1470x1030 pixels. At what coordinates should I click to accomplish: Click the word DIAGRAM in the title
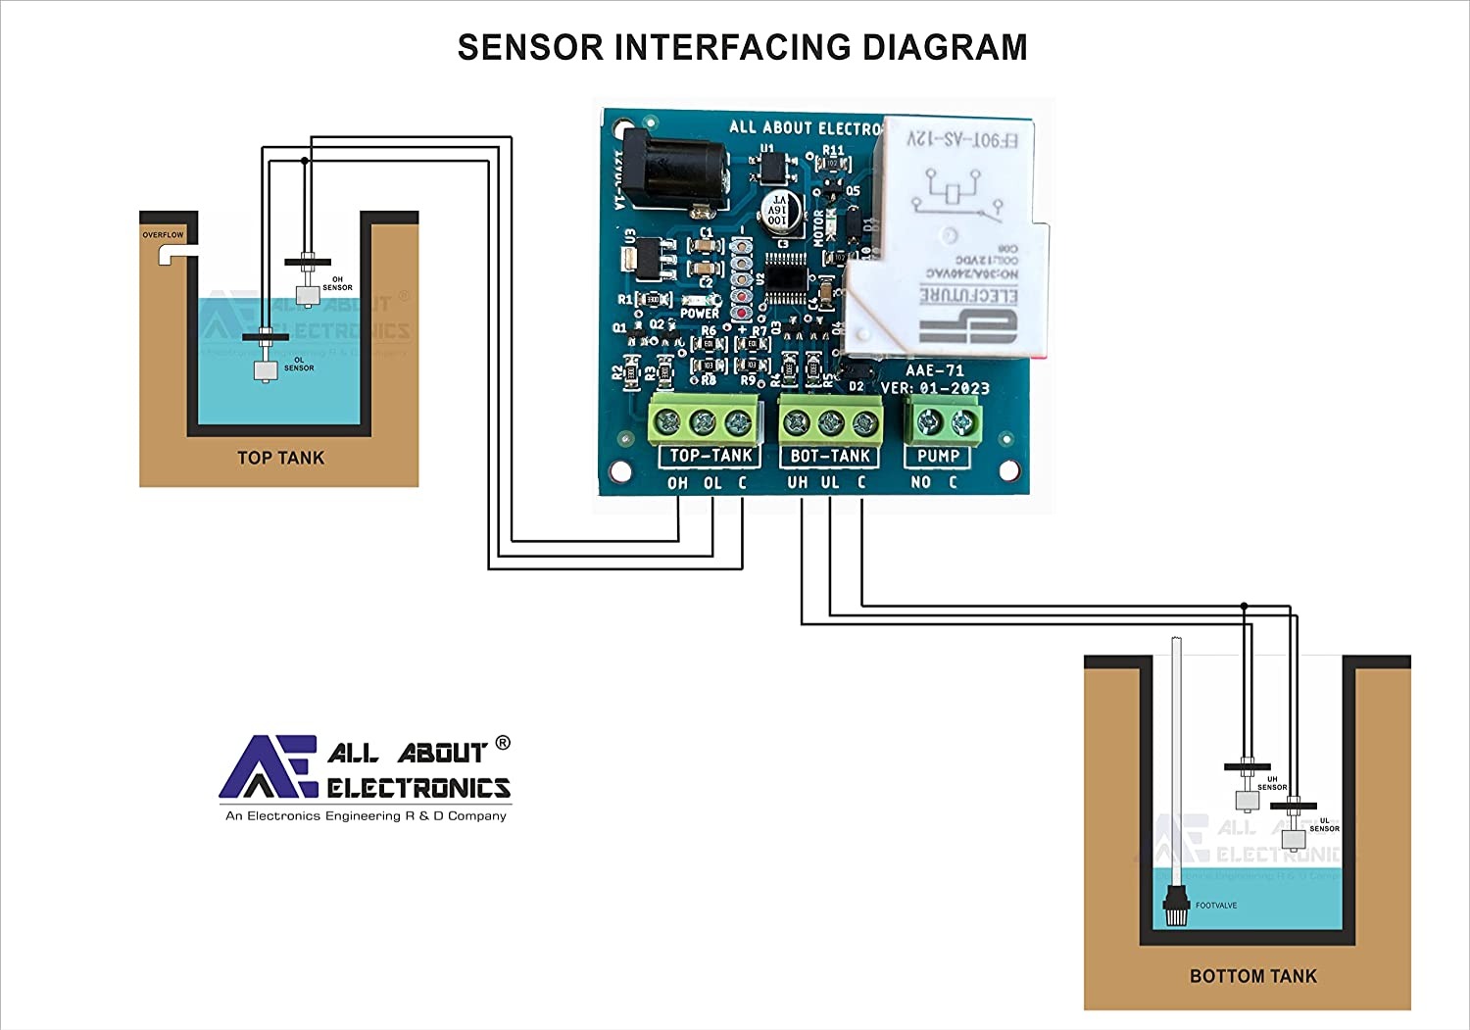(945, 47)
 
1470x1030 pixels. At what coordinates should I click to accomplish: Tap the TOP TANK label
(280, 458)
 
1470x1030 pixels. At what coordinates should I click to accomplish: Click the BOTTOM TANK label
(1252, 976)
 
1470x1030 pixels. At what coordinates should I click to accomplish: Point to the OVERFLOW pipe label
(163, 235)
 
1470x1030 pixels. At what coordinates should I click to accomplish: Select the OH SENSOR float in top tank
(308, 295)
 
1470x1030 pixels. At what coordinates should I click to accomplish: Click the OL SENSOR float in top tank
(266, 370)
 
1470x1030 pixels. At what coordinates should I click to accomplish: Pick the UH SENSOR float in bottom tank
(1247, 801)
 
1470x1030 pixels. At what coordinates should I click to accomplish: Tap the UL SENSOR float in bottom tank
(1294, 840)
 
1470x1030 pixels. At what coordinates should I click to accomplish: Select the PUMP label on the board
(938, 456)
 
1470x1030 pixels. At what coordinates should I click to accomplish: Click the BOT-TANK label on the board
(830, 456)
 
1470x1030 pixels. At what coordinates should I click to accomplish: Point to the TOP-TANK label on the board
(710, 456)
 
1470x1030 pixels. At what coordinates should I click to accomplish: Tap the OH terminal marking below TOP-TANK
(677, 483)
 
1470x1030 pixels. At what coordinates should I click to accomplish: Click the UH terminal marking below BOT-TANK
(798, 483)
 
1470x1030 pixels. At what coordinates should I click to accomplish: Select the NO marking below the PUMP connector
(920, 483)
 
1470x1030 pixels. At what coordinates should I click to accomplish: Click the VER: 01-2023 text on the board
(935, 388)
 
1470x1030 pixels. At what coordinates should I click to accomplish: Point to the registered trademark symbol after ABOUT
(503, 743)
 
